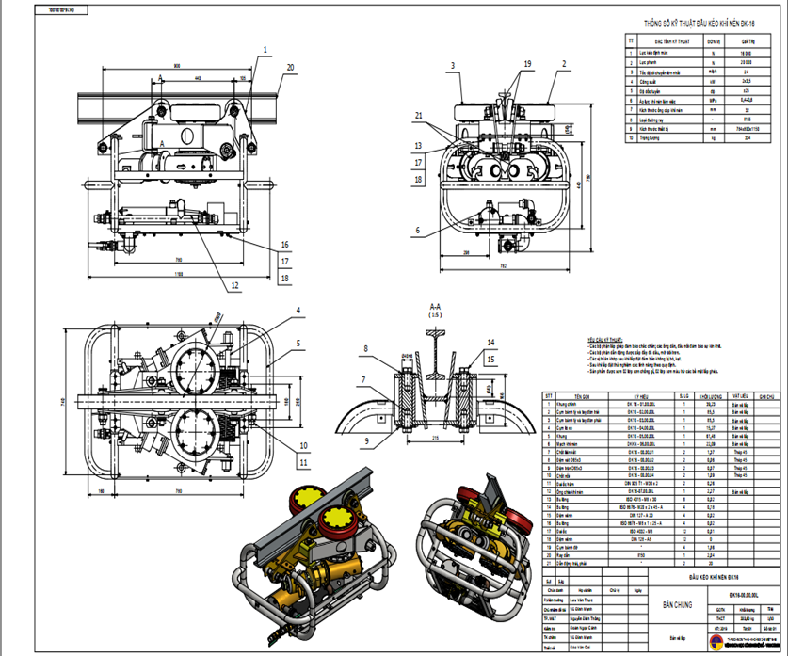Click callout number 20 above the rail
click(290, 67)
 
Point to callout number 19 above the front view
click(526, 63)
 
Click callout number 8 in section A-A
click(369, 349)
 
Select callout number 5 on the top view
click(298, 344)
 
